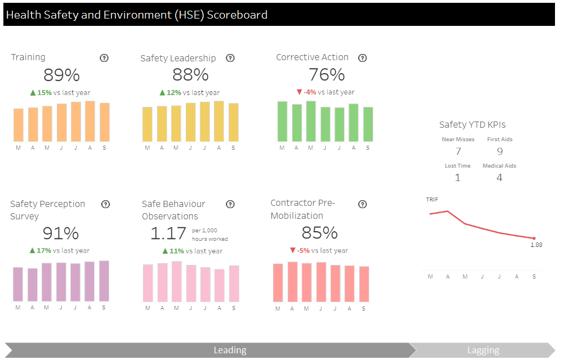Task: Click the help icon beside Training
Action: coord(104,58)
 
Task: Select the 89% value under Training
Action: coord(61,75)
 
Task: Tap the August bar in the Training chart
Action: coord(90,121)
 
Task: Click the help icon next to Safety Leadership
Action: coord(230,58)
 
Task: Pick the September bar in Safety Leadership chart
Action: coord(234,123)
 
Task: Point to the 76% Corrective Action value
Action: coord(326,75)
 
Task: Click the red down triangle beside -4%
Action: coord(299,92)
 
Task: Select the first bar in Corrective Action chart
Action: coord(283,121)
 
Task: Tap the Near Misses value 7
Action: coord(458,151)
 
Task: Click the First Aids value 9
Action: coord(500,151)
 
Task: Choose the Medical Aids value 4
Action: coord(499,178)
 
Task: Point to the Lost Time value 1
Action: coord(458,178)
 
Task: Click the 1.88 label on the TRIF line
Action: coord(536,245)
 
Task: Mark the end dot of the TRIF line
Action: coord(534,238)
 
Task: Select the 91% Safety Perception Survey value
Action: coord(61,233)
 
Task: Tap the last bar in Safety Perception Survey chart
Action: coord(104,281)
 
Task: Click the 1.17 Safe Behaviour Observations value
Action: coord(168,233)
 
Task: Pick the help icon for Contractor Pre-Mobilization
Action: coord(362,204)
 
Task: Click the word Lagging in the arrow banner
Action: coord(483,350)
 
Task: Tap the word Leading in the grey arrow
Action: coord(230,350)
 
